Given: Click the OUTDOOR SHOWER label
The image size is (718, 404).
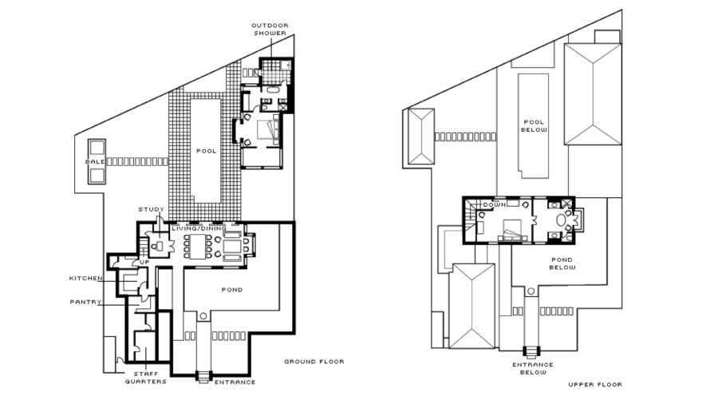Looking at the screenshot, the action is point(270,30).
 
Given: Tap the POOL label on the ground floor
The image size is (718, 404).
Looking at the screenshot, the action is point(206,151).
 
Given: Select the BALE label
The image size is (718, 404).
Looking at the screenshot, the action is point(95,162).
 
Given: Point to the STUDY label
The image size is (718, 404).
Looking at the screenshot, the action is point(151,209).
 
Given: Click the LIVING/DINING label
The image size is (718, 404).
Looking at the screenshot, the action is point(199,228).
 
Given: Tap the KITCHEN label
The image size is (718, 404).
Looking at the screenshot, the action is point(85,279).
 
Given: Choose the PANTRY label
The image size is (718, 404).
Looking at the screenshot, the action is point(85,303).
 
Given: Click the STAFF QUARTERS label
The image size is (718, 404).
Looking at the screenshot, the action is point(146,378).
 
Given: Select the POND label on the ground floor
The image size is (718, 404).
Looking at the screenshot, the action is point(232,290).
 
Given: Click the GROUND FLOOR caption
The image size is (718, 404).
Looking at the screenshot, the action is point(314,362).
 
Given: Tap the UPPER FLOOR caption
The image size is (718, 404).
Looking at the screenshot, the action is point(595,384).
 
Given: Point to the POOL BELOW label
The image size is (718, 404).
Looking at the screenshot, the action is point(534,126).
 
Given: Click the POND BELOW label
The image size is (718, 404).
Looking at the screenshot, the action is point(562,263).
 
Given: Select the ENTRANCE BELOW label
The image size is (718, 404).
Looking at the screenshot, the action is point(533,369).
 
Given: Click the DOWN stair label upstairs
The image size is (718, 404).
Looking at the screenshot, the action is point(495,204).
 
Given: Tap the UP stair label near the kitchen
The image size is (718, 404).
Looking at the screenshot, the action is point(144,262).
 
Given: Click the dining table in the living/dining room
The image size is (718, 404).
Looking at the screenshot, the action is point(197,247).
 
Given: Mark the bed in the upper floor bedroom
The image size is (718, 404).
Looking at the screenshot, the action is point(513,229).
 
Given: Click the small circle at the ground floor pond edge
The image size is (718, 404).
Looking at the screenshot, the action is point(203,316).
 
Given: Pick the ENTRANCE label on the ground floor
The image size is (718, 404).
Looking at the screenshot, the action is point(235,382).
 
